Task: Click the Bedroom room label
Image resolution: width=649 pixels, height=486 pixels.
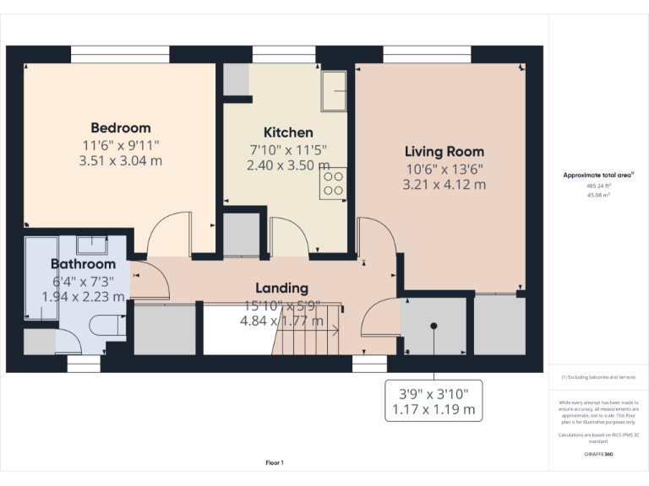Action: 120,128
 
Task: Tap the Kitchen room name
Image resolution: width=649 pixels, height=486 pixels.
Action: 288,132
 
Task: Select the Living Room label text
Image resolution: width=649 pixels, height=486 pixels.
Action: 444,152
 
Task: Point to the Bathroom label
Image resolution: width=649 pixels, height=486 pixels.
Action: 83,264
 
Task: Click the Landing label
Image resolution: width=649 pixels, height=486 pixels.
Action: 281,289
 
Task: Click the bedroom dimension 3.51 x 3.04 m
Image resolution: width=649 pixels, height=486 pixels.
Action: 120,160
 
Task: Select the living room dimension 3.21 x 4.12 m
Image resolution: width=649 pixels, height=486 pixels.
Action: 444,184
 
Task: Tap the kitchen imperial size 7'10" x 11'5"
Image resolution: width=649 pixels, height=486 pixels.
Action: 288,149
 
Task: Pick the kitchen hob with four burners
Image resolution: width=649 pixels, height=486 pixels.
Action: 333,183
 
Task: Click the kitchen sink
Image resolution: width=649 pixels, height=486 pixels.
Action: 335,89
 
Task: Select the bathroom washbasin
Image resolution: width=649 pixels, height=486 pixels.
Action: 90,245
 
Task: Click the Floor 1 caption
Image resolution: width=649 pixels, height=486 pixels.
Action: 275,462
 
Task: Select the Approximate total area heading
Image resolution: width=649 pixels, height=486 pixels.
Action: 598,175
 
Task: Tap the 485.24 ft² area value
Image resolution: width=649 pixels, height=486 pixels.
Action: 598,186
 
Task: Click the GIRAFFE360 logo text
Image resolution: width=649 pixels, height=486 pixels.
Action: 597,454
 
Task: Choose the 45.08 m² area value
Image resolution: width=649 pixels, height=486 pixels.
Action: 598,194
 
